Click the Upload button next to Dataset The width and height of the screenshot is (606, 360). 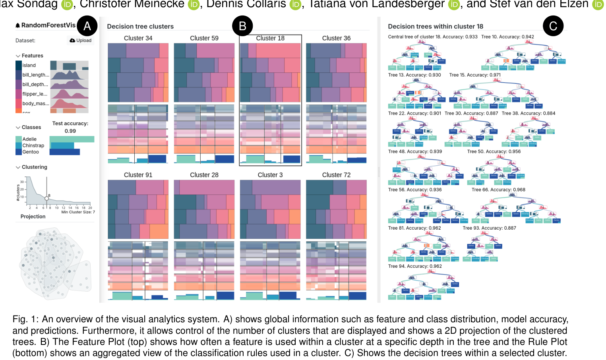pos(81,41)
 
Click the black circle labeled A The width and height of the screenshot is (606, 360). pos(87,26)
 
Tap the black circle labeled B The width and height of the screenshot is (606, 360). pos(242,26)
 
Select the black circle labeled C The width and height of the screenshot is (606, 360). pos(553,26)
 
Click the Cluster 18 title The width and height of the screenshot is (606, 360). pos(270,38)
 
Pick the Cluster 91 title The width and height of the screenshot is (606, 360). pos(138,175)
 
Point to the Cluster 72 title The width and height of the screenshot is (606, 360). pos(336,175)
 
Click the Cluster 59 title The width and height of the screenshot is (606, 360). pos(204,38)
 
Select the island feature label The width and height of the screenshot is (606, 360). pos(29,65)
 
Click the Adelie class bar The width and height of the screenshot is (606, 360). pos(72,139)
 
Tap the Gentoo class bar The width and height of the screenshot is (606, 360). pos(64,152)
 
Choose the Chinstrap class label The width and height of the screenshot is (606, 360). pos(33,145)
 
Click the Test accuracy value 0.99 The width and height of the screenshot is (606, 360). pos(70,131)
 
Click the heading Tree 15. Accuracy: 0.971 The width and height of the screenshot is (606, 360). pos(475,75)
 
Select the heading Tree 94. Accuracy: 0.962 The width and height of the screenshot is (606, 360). pos(415,266)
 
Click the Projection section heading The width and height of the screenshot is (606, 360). pos(33,217)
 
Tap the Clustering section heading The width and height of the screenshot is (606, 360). pos(34,167)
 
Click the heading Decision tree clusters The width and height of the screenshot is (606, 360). pos(140,27)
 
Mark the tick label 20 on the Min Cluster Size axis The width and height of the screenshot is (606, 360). pos(90,208)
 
